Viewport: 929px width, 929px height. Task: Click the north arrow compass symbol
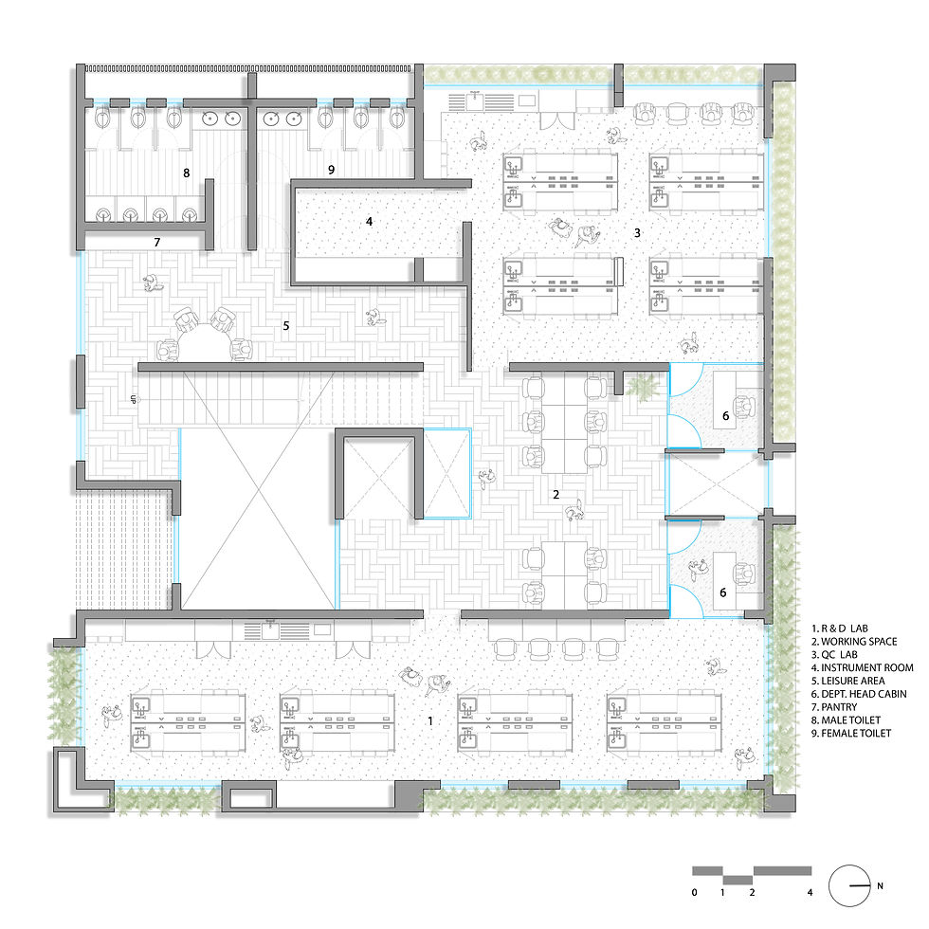pos(850,885)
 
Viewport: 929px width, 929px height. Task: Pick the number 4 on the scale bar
pos(809,893)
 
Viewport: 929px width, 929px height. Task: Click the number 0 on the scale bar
pos(695,893)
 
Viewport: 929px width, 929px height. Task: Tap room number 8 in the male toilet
pos(187,173)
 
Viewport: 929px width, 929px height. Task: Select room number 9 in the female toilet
pos(331,170)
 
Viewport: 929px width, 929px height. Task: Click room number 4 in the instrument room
pos(370,221)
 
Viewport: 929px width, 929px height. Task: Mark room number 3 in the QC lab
pos(637,231)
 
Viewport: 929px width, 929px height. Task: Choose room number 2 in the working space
pos(556,494)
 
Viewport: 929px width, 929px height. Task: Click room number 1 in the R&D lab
pos(430,721)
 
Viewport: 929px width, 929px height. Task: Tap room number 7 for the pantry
pos(157,243)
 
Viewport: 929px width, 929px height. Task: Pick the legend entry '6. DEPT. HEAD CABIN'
pos(860,694)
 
